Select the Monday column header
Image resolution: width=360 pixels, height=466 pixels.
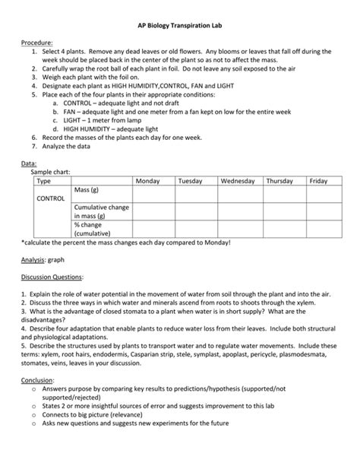[x=147, y=181]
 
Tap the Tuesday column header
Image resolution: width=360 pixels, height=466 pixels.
[x=191, y=181]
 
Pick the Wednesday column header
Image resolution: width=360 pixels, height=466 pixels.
[x=238, y=181]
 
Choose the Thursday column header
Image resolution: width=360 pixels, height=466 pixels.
[x=280, y=181]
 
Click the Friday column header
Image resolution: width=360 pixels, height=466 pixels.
[x=318, y=181]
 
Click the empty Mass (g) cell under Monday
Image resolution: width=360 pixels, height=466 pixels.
[x=153, y=194]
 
